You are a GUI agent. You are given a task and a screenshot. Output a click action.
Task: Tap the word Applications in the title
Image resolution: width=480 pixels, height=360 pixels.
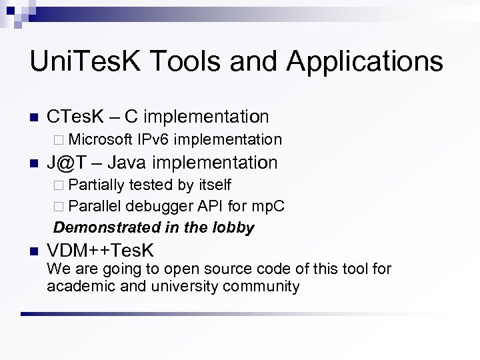365,61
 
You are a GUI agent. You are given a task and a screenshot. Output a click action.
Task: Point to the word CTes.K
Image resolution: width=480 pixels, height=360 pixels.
73,117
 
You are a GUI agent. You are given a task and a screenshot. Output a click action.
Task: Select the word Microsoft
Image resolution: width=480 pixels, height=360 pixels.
100,139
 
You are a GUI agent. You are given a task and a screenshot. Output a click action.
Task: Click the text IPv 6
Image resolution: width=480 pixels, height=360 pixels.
155,139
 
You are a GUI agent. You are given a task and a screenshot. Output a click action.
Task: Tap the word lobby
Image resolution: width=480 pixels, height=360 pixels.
233,227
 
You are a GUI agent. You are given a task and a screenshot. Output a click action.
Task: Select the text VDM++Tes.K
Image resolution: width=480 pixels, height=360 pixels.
100,251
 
